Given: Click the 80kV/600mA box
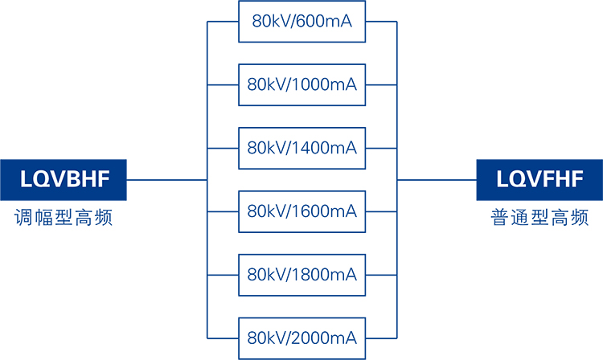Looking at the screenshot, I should tap(301, 22).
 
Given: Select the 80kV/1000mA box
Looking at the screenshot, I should tap(301, 84).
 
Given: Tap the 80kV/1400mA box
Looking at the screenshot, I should tap(301, 148).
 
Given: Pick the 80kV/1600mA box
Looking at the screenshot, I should tap(301, 211).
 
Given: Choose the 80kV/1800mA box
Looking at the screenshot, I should tap(301, 275).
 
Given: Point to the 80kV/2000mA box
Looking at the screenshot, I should tap(301, 337).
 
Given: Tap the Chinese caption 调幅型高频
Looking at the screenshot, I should tap(64, 218).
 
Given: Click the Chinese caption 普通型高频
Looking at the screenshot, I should tap(539, 218).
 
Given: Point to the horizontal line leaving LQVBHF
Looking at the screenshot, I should tap(166, 180).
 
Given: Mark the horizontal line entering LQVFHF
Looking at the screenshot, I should tap(437, 180).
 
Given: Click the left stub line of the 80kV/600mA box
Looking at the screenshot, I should tap(223, 22).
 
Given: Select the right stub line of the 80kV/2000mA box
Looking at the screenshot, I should tap(381, 337).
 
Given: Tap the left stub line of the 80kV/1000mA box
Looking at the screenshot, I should tap(223, 84).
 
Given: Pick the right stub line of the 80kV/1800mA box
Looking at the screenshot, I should tap(381, 275).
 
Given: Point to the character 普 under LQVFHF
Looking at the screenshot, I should tap(500, 218).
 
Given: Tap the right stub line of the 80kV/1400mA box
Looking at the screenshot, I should tap(381, 148).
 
